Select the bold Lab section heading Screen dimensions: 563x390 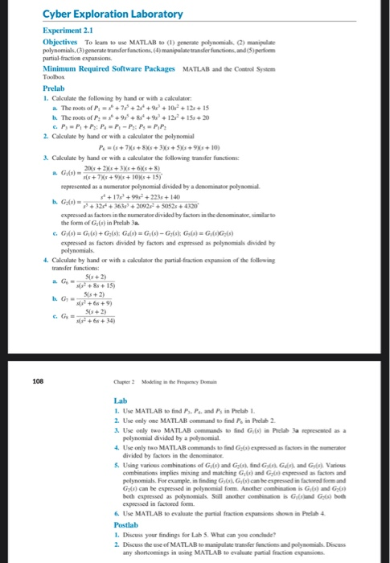[122, 400]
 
